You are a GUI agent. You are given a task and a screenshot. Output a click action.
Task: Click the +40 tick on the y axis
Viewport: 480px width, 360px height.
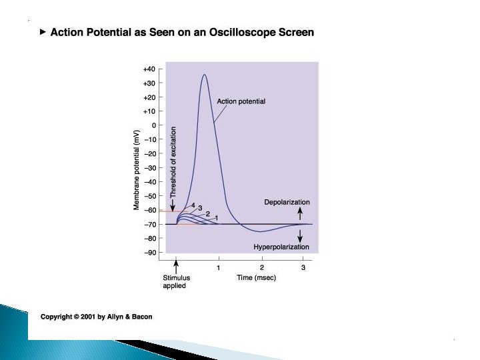coord(149,69)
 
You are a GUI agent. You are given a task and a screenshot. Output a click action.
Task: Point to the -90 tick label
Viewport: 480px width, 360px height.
coord(149,252)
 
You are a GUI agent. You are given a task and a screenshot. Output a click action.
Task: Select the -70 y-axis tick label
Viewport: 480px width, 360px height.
coord(149,224)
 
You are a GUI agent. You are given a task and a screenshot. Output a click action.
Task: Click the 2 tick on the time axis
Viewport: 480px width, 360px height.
coord(261,267)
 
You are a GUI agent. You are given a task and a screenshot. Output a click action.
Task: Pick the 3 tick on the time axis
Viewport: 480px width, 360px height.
coord(303,267)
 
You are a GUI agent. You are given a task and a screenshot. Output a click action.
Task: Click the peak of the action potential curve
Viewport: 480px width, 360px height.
coord(205,75)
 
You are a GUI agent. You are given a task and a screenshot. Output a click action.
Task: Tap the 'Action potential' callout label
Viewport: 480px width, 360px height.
coord(241,101)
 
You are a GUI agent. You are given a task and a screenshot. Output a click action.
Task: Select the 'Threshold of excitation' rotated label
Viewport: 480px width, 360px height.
coord(173,162)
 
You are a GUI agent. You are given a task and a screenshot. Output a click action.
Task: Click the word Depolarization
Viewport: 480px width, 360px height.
coord(287,202)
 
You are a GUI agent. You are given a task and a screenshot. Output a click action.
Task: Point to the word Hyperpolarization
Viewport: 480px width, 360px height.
coord(281,247)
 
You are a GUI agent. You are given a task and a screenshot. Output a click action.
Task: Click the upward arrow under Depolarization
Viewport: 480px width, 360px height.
coord(300,213)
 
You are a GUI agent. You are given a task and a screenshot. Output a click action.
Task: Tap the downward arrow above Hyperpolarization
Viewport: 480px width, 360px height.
coord(300,235)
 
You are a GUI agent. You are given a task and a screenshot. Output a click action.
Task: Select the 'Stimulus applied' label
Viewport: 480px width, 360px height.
coord(176,282)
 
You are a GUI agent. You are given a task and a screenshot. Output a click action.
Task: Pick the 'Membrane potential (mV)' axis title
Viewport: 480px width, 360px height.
coord(137,169)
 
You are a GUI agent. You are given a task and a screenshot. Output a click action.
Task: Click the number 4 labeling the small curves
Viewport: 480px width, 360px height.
coord(193,205)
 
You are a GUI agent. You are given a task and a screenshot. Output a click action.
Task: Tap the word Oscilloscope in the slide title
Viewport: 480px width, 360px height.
coord(226,32)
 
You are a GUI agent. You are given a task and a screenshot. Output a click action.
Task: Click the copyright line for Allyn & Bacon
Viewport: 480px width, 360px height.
coord(96,317)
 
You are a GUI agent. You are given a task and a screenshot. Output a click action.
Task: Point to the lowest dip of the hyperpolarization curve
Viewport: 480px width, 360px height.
coord(261,231)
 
